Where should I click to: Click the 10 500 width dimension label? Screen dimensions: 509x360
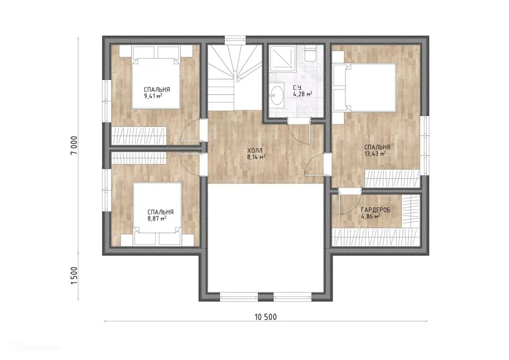266,317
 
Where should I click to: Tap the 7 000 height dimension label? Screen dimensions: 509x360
74,146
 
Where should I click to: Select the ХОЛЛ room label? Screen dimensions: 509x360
255,150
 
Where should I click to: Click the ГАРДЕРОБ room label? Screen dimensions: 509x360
376,210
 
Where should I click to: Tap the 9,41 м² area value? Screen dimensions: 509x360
153,96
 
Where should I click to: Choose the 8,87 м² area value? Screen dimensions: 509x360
157,218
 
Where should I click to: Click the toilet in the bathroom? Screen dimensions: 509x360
310,55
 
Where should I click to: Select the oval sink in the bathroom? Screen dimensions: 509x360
277,95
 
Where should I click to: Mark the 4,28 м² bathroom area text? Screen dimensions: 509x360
303,94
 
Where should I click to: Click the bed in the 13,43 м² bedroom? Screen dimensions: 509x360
365,88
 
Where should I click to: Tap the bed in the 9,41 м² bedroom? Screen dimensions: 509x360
156,78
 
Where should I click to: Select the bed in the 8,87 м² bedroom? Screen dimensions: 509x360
157,214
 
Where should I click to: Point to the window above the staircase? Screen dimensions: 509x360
235,39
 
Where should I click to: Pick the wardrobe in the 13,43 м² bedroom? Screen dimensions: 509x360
392,179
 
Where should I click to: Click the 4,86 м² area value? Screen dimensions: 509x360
371,216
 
